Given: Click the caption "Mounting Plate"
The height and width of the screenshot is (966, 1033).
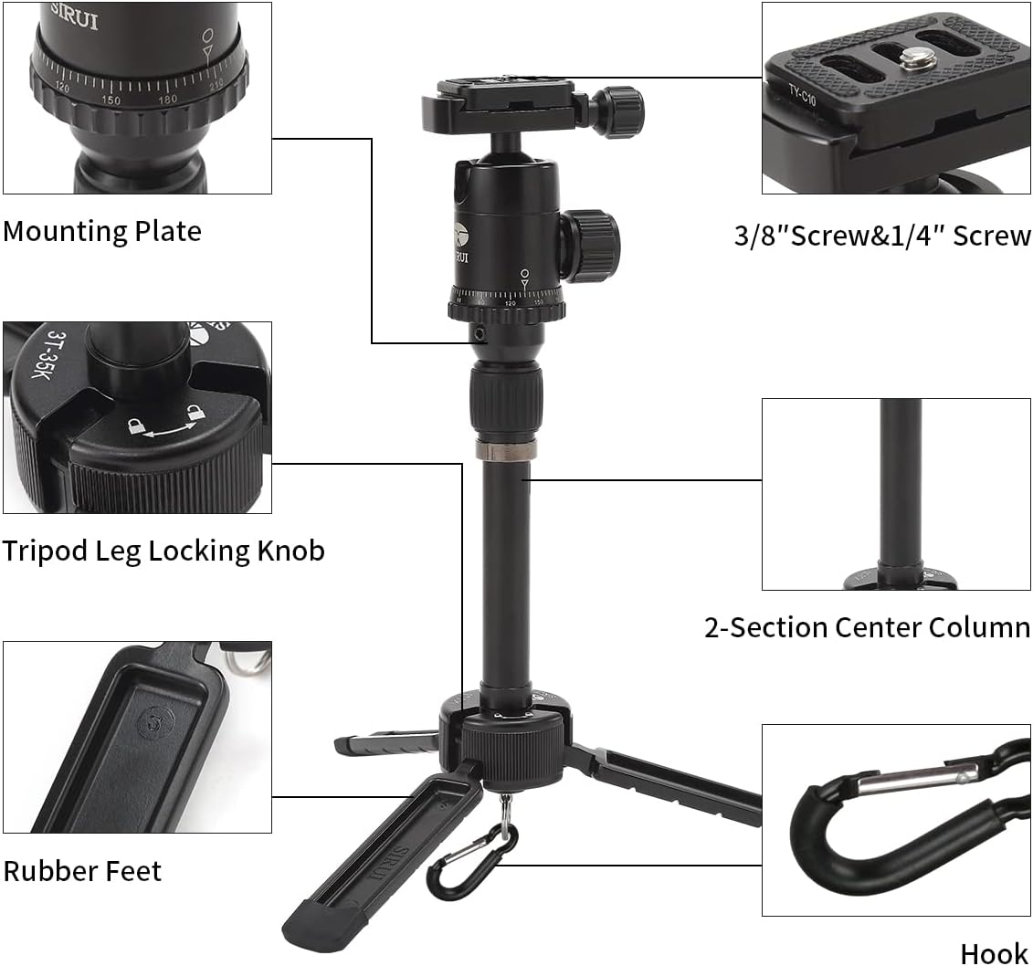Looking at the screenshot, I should pyautogui.click(x=101, y=230).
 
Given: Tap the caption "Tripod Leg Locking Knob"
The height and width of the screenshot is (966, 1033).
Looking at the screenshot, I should pyautogui.click(x=163, y=551).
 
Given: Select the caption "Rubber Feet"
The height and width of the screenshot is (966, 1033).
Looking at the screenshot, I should pyautogui.click(x=82, y=870).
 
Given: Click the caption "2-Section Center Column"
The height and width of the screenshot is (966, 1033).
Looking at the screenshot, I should pyautogui.click(x=867, y=627).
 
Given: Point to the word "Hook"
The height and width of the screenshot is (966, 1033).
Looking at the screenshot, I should pyautogui.click(x=994, y=953).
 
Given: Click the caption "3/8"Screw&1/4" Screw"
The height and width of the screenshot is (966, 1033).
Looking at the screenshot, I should pyautogui.click(x=882, y=236).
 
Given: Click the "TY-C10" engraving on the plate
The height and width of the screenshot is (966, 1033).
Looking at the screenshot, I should pyautogui.click(x=802, y=95).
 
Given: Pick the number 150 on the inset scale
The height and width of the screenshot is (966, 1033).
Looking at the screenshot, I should pyautogui.click(x=111, y=100).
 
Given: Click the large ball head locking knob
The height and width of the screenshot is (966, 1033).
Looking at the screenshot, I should pyautogui.click(x=589, y=244).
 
